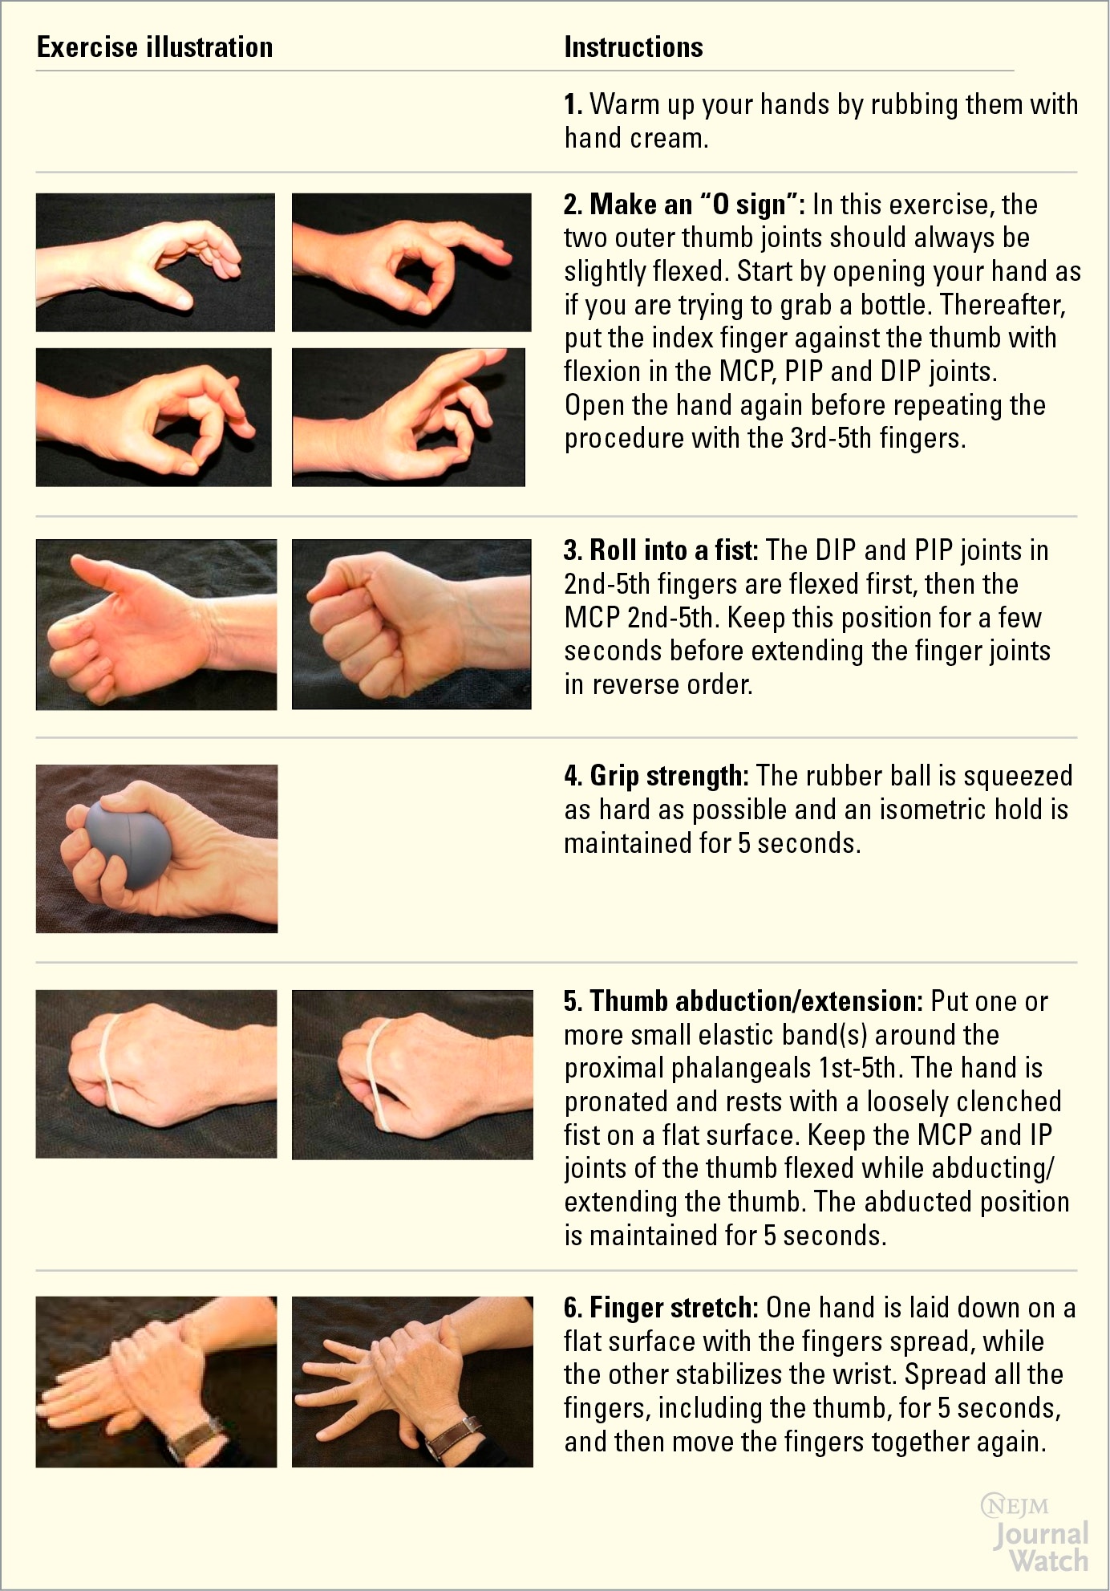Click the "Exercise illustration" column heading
pos(155,47)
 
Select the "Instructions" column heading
pos(634,47)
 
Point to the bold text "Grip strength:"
pos(656,776)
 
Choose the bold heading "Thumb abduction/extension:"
pos(743,1001)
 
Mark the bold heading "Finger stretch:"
pos(661,1308)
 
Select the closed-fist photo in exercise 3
pos(411,624)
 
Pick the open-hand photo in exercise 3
pos(156,624)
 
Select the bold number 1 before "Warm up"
pos(572,104)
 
